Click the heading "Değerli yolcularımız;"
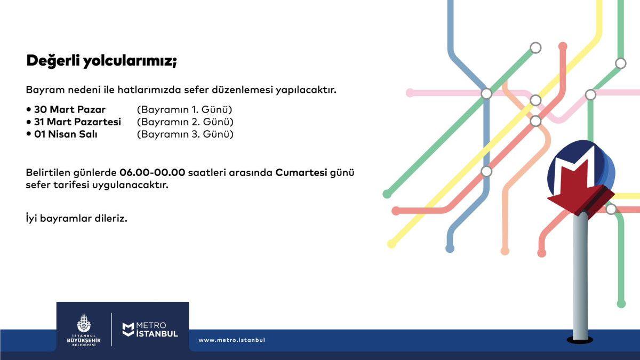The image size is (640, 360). (101, 61)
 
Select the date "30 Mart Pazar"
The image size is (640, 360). (70, 109)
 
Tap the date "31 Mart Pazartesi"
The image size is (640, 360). (77, 122)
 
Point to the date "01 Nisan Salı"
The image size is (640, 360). (66, 134)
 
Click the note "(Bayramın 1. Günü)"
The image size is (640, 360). (185, 110)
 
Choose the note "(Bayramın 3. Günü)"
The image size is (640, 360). (185, 134)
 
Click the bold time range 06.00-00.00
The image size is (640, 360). (153, 173)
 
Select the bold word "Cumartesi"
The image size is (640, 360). (301, 173)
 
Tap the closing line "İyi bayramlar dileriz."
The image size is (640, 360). (77, 219)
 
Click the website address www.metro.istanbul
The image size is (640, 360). (231, 340)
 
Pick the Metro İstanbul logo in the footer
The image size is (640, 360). (150, 330)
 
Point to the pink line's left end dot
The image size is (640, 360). (410, 93)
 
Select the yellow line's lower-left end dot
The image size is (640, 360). (391, 244)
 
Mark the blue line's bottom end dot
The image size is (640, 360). (450, 249)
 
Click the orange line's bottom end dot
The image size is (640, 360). (505, 251)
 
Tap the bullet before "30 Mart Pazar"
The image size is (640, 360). (28, 109)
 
